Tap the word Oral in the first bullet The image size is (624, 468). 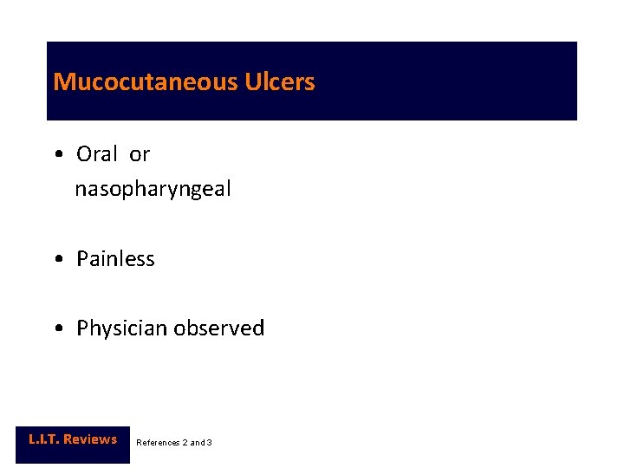97,154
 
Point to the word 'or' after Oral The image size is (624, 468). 140,154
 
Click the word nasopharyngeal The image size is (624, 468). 153,189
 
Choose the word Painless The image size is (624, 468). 115,259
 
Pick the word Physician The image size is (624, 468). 122,328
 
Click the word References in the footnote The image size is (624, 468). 157,443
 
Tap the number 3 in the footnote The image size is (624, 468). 209,443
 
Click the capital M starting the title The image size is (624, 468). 62,82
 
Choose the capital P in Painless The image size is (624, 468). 82,259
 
